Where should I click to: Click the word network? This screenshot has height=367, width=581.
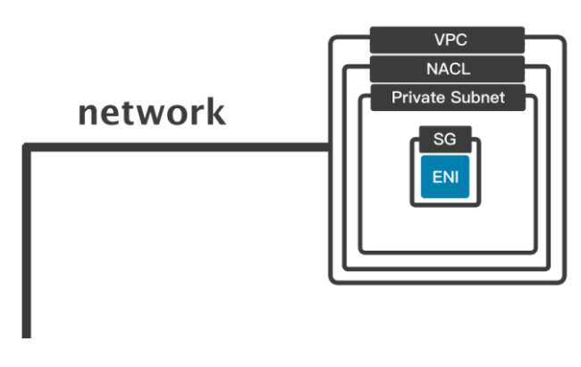coord(151,114)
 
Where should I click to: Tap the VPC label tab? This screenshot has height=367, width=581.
coord(447,39)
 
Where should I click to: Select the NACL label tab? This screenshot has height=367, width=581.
coord(447,68)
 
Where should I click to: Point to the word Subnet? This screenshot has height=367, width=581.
coord(480,97)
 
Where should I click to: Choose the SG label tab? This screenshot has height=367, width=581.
coord(444,141)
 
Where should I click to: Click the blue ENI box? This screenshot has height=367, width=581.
coord(445,176)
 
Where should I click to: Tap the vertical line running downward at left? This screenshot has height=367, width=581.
coord(27,251)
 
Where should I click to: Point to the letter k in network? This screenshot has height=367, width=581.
coord(215,113)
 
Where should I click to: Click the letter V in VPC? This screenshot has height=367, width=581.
coord(436,39)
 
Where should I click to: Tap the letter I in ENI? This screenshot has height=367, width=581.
coord(457,176)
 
